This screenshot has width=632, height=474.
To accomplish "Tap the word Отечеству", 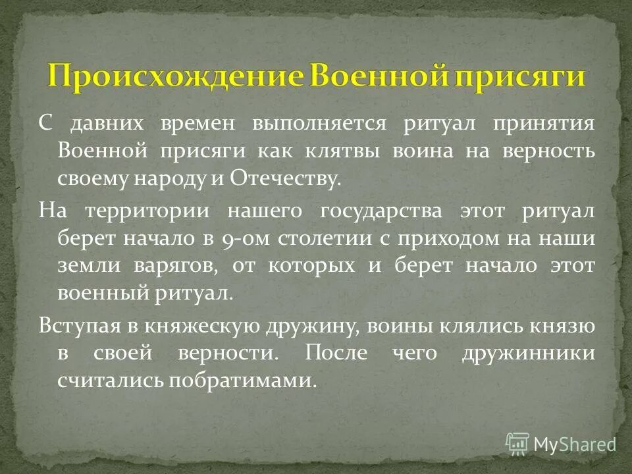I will point(286,178).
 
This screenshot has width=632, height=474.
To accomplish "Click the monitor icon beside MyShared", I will point(518,444).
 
